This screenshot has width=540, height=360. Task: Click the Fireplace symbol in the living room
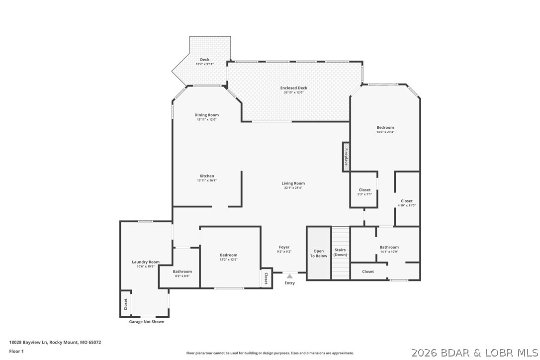click(346, 157)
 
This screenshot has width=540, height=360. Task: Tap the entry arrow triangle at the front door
click(289, 276)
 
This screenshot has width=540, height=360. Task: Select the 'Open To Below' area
click(319, 253)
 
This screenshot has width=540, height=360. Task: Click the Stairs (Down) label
click(340, 252)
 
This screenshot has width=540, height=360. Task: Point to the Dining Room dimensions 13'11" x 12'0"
click(207, 119)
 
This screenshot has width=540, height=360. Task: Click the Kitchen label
click(207, 176)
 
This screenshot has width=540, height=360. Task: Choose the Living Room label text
click(293, 183)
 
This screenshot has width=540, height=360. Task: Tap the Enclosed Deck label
click(293, 88)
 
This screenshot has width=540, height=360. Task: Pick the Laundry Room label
click(146, 262)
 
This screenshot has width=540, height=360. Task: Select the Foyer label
click(284, 247)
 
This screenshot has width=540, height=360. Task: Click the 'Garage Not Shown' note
click(147, 322)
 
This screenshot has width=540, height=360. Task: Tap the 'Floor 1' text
click(16, 351)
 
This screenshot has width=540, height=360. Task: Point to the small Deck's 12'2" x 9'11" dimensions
click(204, 64)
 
